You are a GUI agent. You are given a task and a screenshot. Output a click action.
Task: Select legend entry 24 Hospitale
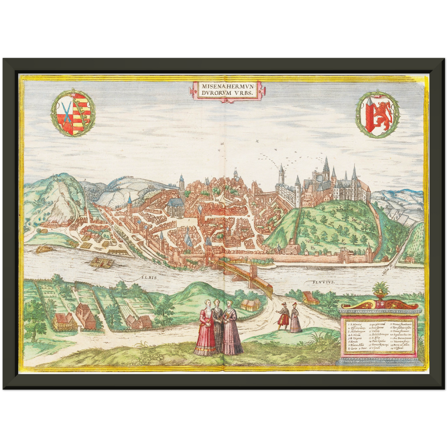tap(402, 348)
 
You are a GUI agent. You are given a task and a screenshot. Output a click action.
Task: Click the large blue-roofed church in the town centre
tap(176, 206)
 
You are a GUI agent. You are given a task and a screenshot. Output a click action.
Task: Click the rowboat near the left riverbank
tap(43, 249)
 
